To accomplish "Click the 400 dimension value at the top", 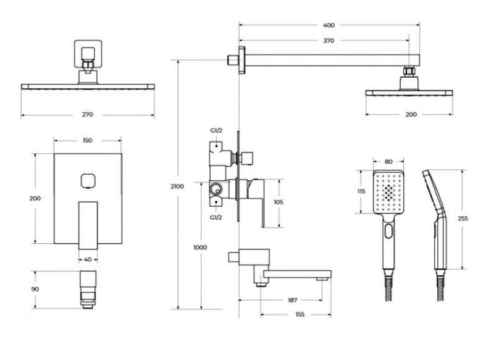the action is click(329, 25).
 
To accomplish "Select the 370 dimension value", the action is click(329, 41).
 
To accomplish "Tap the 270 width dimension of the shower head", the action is click(87, 115).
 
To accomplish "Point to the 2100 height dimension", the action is click(177, 186).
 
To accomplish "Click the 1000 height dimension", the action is click(200, 248).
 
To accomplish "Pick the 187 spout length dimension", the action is click(293, 300).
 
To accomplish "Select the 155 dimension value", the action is click(300, 314).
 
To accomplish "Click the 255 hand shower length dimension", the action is click(463, 219).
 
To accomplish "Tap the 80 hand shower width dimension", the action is click(388, 162).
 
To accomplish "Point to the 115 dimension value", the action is click(361, 191).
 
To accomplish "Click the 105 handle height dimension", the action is click(278, 202).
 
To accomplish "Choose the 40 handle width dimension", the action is click(88, 259).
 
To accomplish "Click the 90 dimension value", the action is click(35, 289).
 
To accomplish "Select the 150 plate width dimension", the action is click(87, 140).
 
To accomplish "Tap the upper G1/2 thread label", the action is click(216, 131).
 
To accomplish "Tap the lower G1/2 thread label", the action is click(216, 217).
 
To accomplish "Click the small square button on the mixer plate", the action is click(88, 181).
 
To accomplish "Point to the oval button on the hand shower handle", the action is click(389, 231).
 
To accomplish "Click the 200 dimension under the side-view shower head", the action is click(411, 115).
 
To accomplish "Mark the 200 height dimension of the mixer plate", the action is click(35, 198).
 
